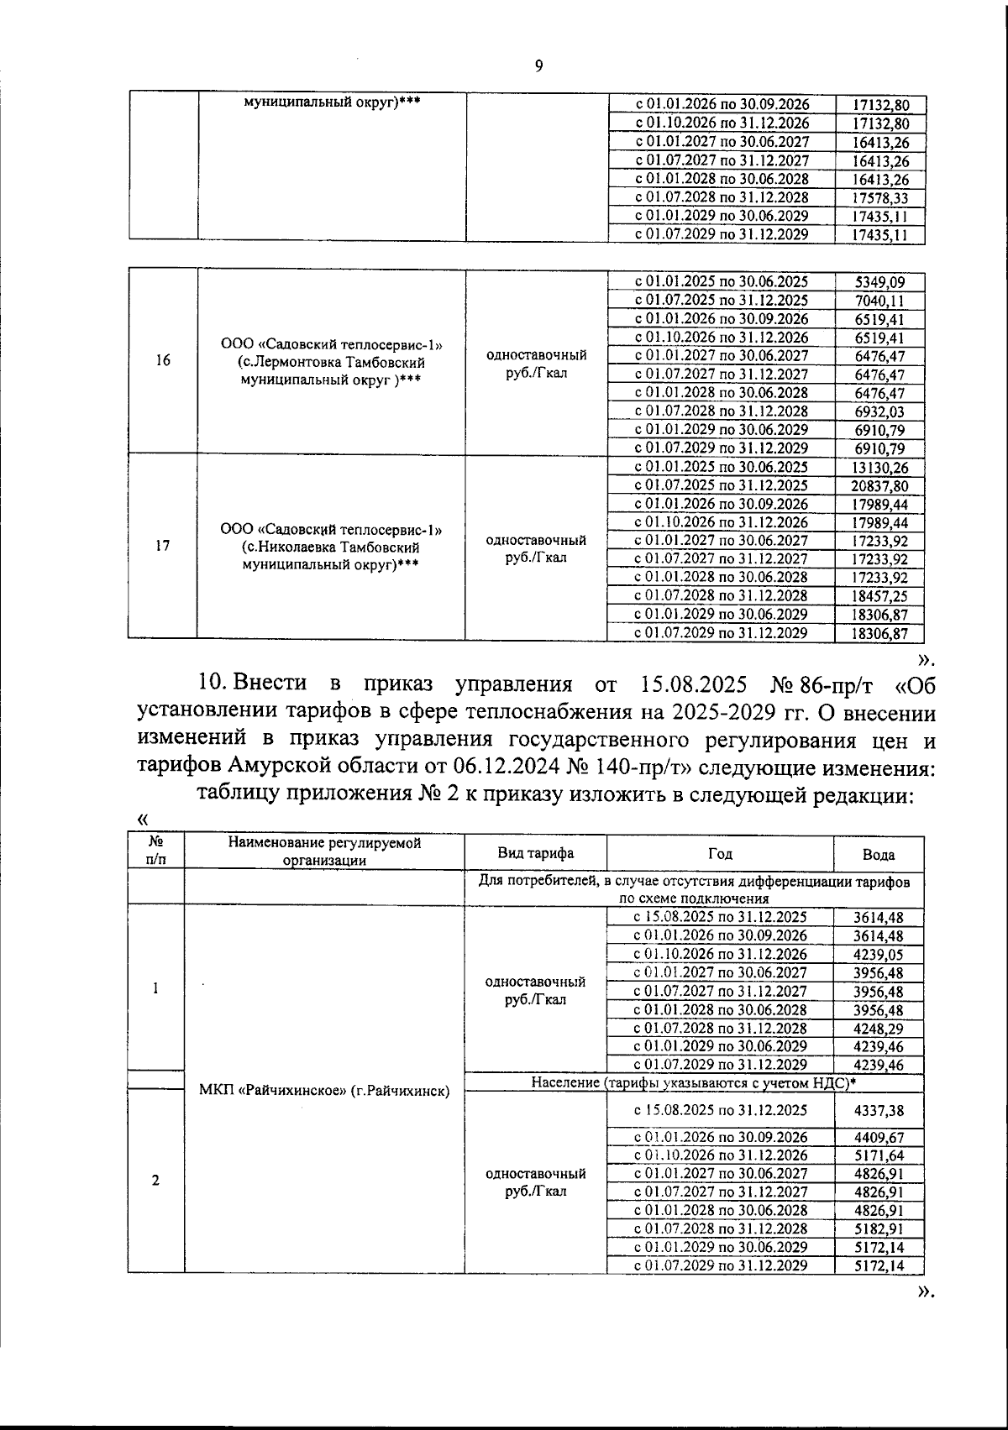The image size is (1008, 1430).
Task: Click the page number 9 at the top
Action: (x=538, y=67)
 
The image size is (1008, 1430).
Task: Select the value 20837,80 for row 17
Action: (x=879, y=486)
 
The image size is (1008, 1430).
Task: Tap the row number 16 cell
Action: (x=163, y=360)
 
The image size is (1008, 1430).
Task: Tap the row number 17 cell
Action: (x=163, y=546)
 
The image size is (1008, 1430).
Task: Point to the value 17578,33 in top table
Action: (x=879, y=198)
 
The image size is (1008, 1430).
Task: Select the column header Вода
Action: (x=879, y=855)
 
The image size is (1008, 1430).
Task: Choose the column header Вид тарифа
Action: (x=535, y=853)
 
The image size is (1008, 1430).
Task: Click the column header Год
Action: (x=720, y=853)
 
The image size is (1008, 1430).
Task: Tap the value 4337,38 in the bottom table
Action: (x=879, y=1110)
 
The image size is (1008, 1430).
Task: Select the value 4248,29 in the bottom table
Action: (x=879, y=1029)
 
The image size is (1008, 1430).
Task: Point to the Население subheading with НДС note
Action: (x=694, y=1082)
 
